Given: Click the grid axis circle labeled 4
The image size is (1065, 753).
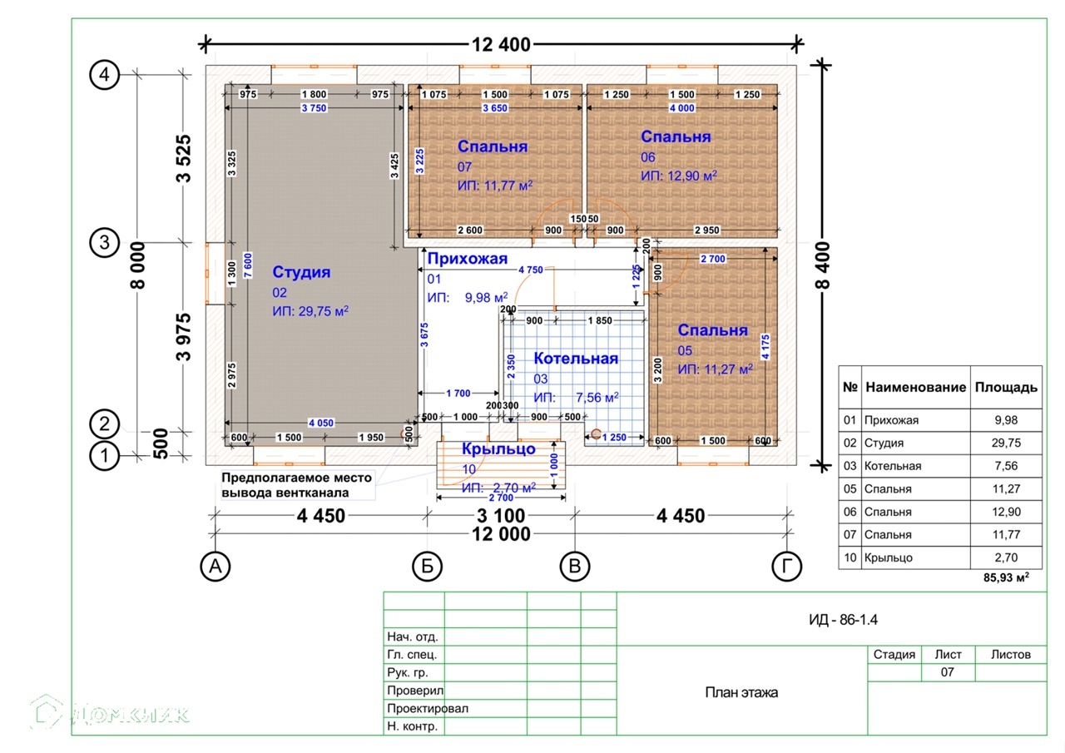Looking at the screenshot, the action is [104, 75].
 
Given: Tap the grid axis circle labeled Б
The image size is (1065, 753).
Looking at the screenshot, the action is [427, 567].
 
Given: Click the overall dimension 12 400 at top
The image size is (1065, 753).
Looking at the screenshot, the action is [502, 45].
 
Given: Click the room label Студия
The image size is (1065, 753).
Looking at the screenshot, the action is [301, 272].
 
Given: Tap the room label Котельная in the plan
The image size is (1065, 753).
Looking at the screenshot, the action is [576, 359].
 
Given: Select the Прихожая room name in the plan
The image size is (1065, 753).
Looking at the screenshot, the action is [467, 259].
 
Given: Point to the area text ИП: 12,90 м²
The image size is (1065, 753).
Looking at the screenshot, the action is [679, 176].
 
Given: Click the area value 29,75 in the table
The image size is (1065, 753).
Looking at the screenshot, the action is [1006, 443].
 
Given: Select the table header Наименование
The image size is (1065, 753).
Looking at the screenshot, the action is [915, 388].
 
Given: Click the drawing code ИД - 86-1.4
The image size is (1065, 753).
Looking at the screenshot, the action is [843, 619].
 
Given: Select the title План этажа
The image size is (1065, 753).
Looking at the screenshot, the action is [741, 692].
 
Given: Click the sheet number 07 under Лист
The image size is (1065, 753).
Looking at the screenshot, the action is [947, 672].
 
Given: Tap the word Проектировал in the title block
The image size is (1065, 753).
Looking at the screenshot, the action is [428, 709].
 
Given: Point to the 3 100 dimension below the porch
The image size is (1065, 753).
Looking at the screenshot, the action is [500, 516].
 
